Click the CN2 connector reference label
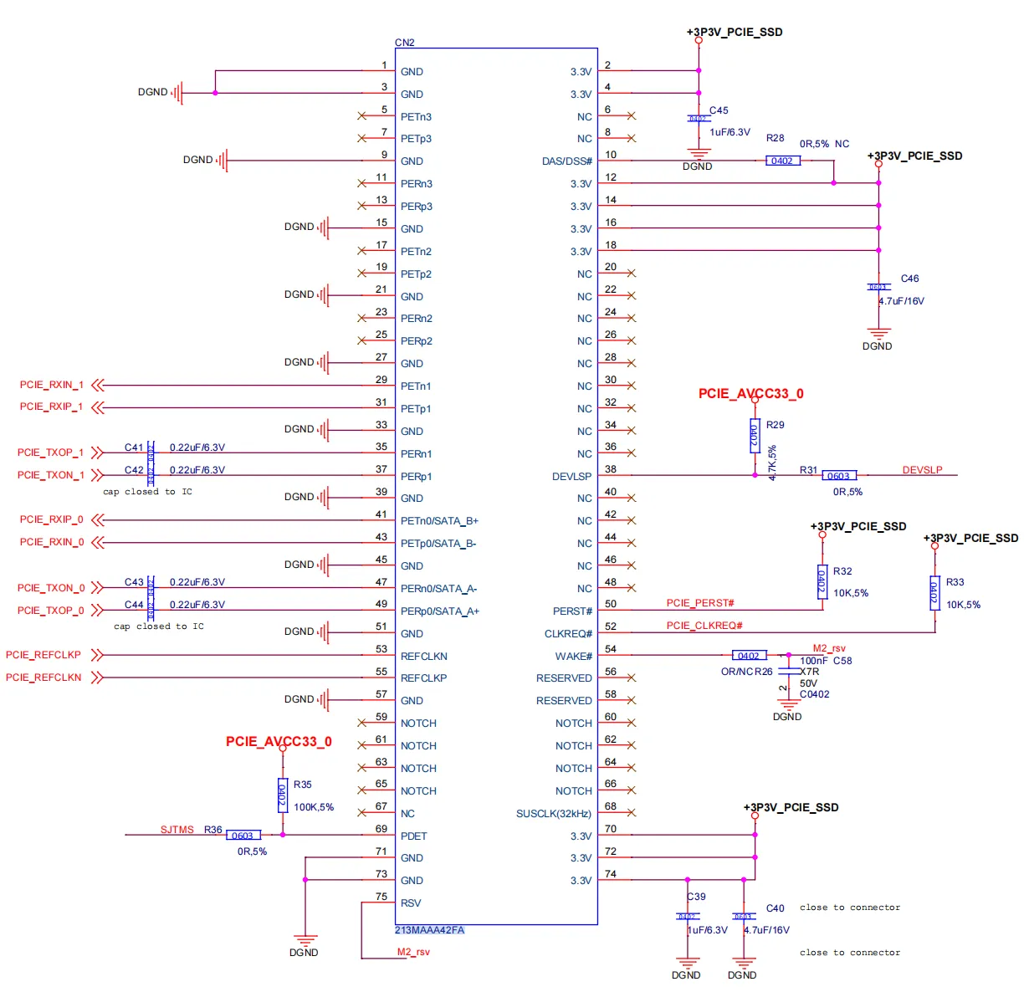click(x=404, y=43)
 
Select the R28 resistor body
click(x=782, y=161)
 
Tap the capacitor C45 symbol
click(x=698, y=119)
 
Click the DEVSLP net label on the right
click(x=922, y=470)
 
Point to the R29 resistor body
click(x=755, y=436)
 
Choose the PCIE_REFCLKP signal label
click(x=44, y=655)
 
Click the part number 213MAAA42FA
click(x=429, y=930)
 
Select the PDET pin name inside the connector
click(x=413, y=836)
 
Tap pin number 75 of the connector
click(x=381, y=897)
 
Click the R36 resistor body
click(x=243, y=836)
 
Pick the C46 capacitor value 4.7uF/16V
click(x=901, y=301)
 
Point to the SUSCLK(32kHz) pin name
click(x=553, y=814)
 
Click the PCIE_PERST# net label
click(x=700, y=603)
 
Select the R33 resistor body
click(x=934, y=593)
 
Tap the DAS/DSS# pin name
click(x=566, y=161)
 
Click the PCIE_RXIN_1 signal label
click(x=51, y=385)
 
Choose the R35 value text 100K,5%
click(x=314, y=807)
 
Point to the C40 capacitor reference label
click(x=776, y=908)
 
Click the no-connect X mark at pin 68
click(x=631, y=812)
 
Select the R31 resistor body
click(x=838, y=476)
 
